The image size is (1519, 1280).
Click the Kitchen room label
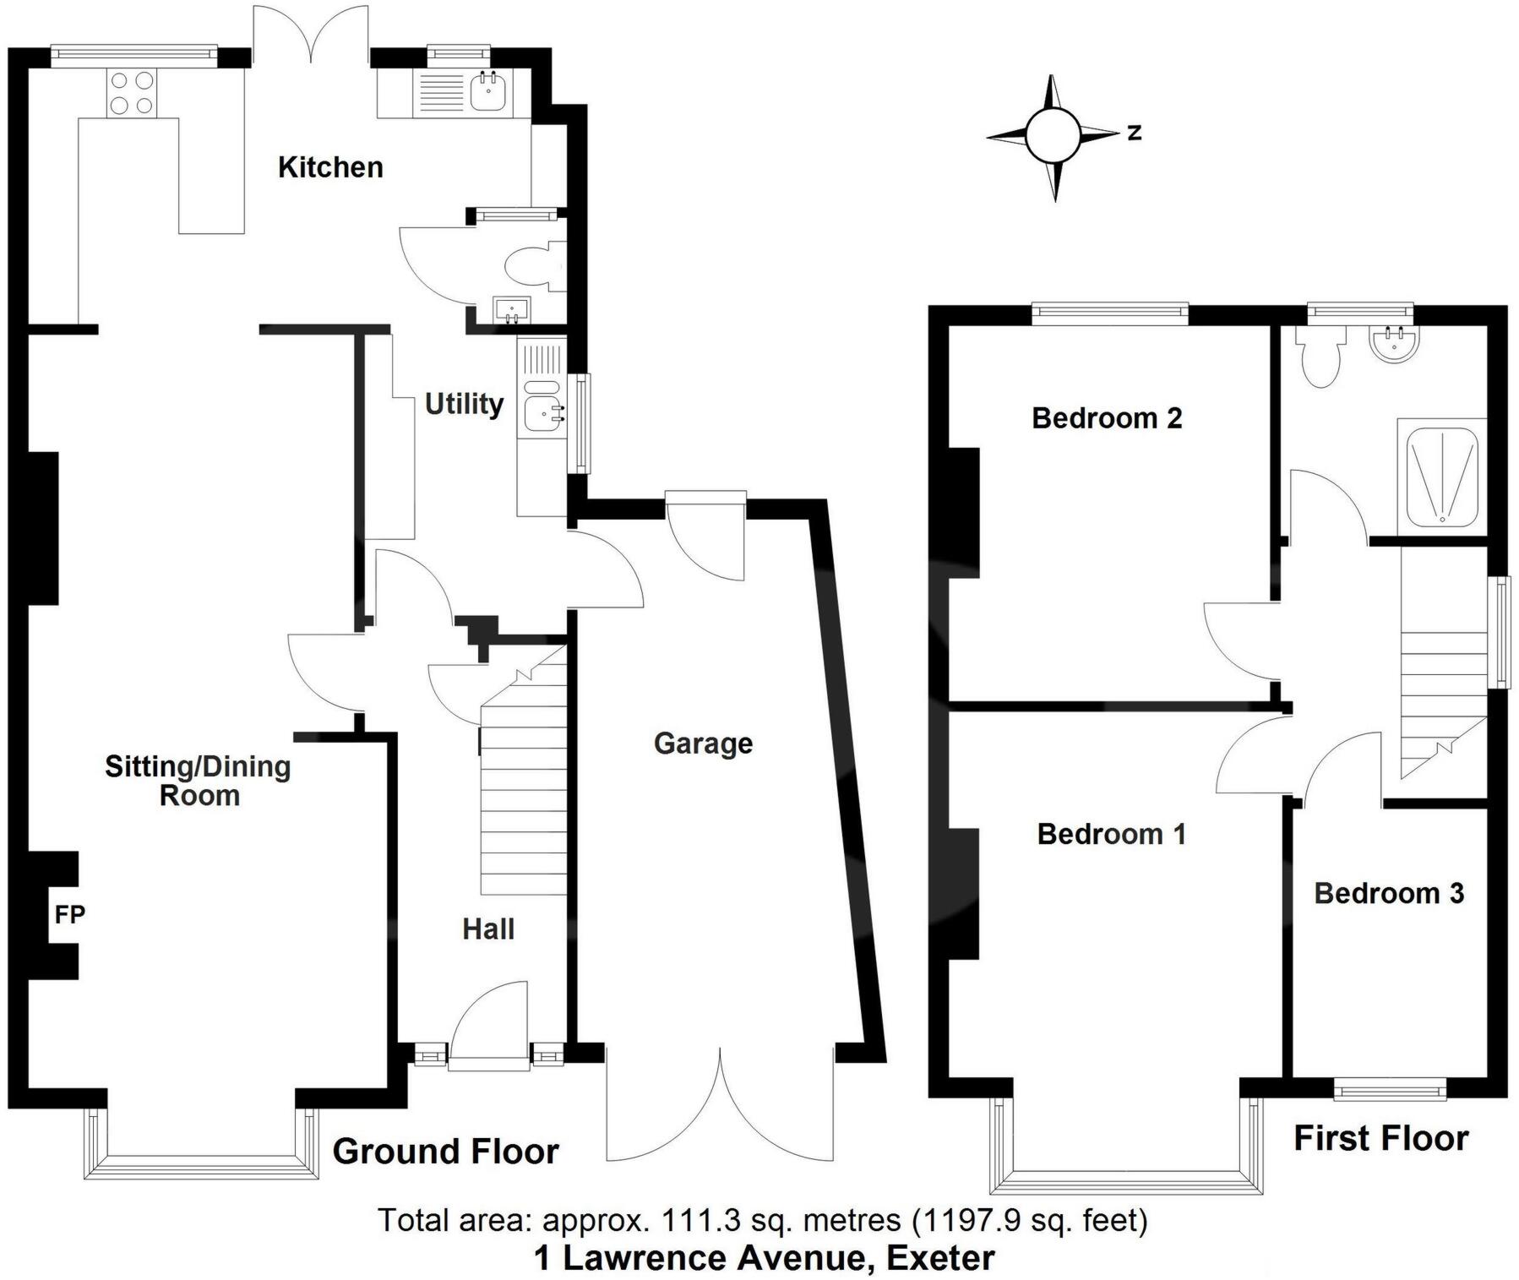[330, 167]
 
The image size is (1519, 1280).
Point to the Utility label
[464, 404]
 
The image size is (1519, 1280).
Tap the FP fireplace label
[69, 914]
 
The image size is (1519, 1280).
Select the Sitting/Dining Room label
[199, 781]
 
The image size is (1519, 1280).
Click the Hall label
[487, 929]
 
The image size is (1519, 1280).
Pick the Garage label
[703, 743]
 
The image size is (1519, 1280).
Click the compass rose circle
[1053, 135]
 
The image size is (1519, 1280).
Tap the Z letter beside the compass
[1135, 133]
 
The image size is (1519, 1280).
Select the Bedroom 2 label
[1107, 418]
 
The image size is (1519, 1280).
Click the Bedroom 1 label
[1112, 835]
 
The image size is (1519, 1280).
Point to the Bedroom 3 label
[1389, 893]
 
